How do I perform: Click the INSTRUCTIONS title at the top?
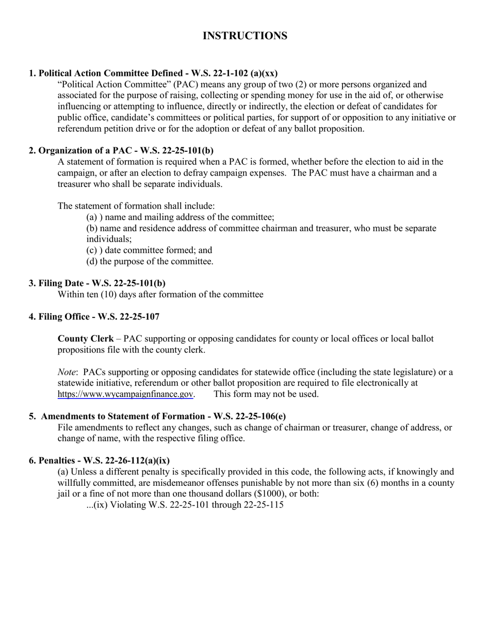coord(245,36)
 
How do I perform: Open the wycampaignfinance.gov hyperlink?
coord(125,394)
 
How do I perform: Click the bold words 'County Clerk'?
coord(85,339)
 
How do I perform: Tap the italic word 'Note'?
coord(67,372)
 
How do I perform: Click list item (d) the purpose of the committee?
coord(150,261)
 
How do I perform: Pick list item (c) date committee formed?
coord(149,250)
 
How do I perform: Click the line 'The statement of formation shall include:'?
coord(136,206)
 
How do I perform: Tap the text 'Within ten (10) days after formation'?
coord(160,295)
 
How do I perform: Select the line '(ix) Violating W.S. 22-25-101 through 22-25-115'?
coord(185,505)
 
